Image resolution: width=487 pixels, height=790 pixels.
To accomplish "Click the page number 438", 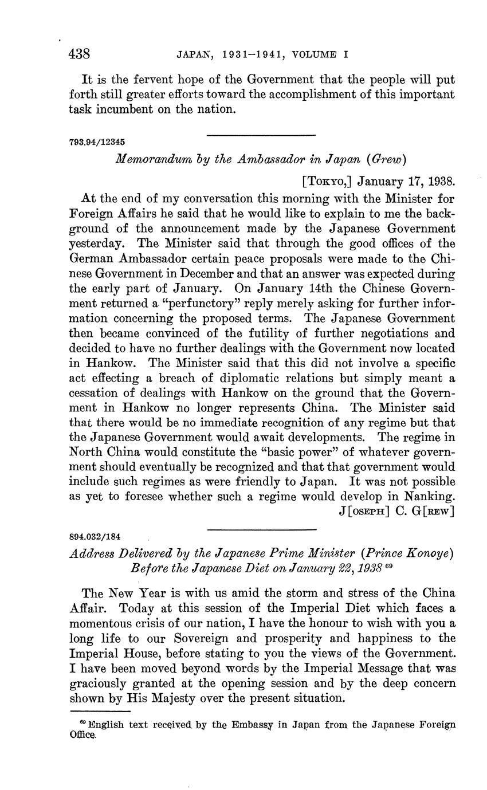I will pos(80,54).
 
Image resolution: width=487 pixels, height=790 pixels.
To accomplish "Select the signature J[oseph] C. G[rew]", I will pos(396,512).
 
